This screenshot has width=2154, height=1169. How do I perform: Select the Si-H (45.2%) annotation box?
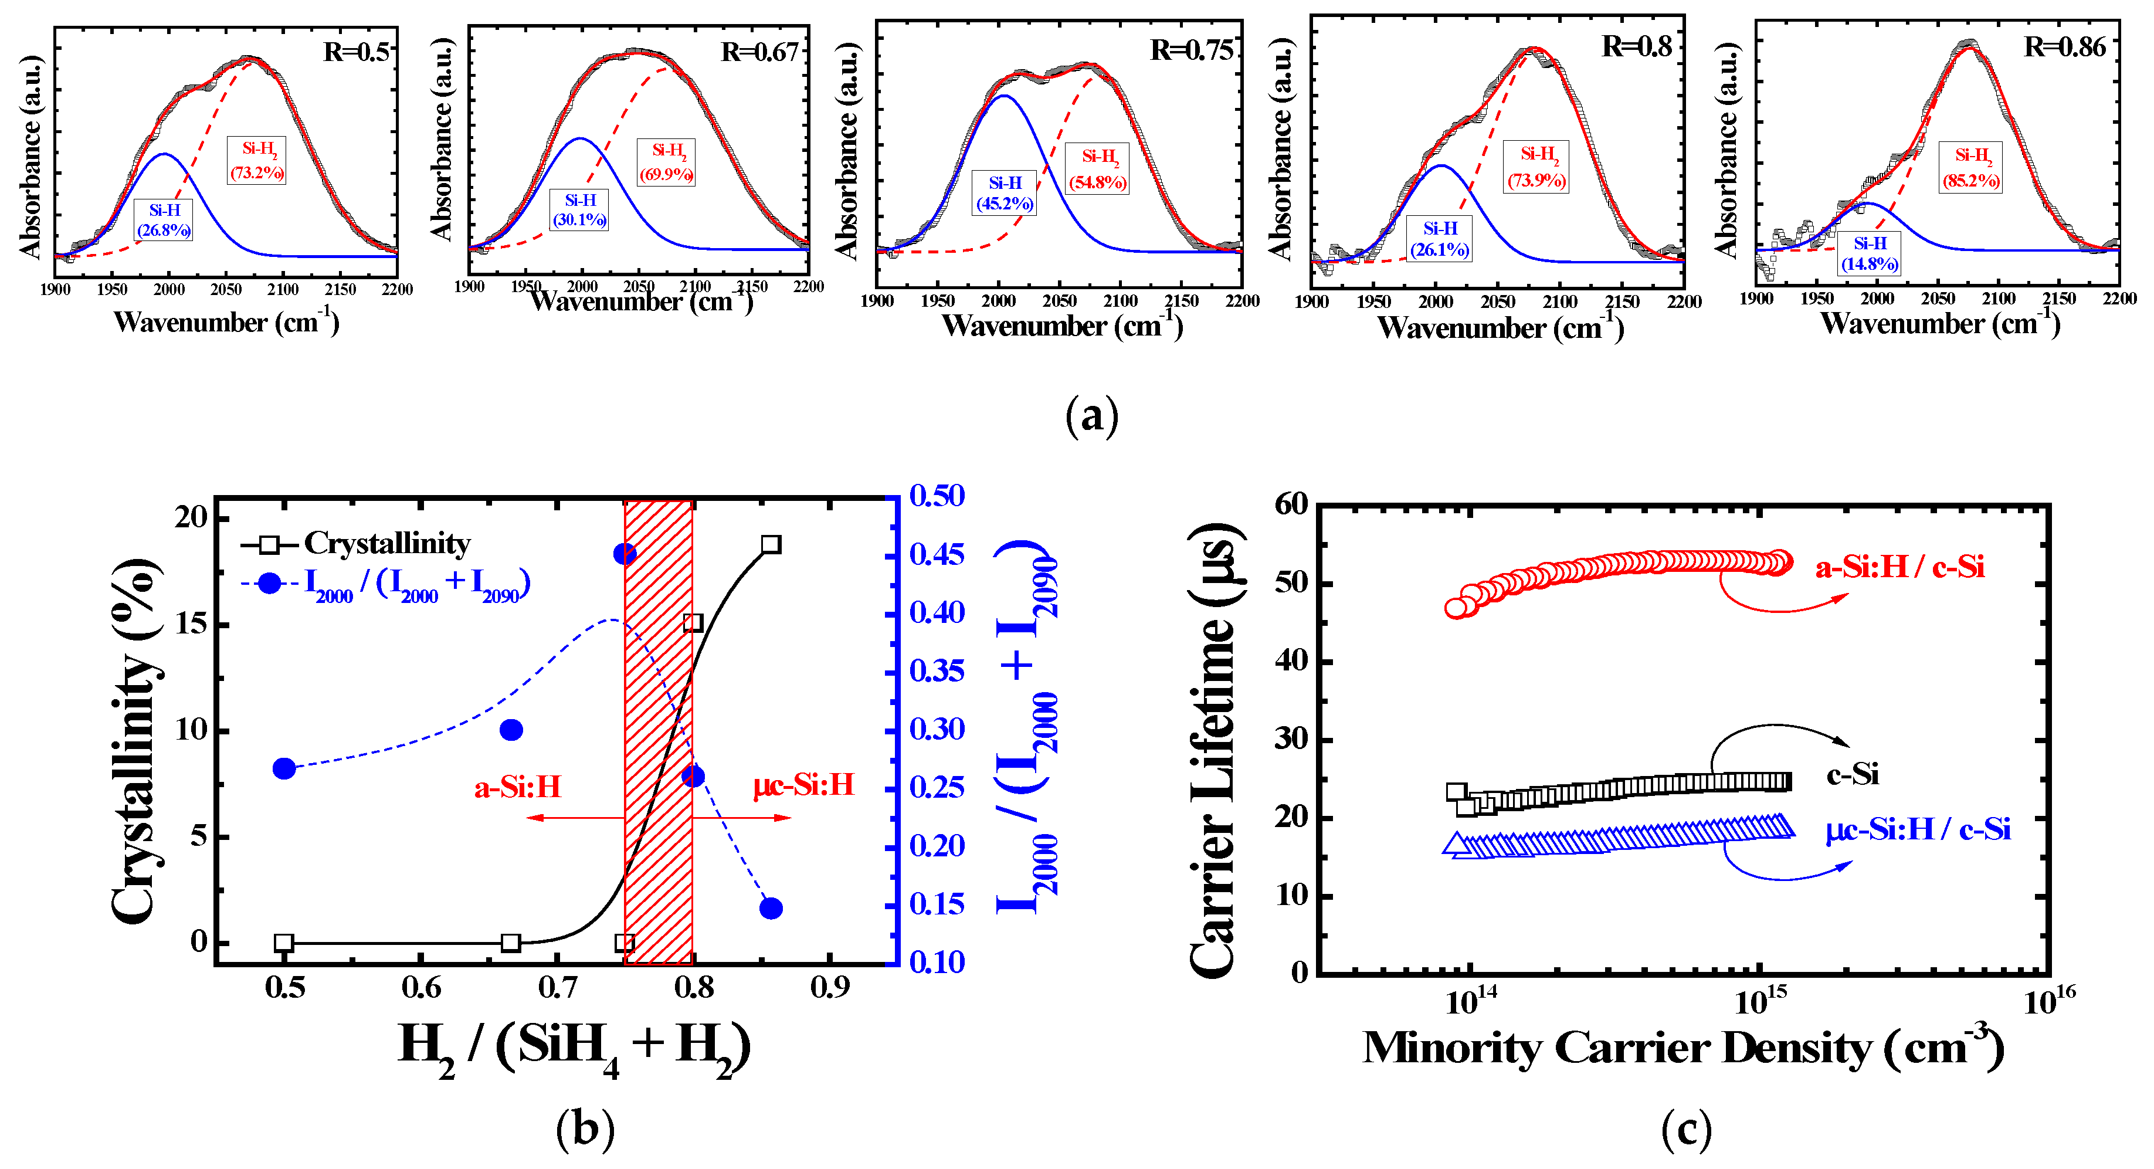pos(1004,193)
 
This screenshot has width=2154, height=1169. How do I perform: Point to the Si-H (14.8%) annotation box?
pos(1870,253)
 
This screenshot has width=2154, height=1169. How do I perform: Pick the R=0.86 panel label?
pos(2064,47)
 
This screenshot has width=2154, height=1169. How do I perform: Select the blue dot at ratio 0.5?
pos(284,768)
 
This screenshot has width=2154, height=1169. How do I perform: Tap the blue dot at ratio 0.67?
pos(511,730)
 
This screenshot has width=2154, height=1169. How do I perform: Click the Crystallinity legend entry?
pos(356,544)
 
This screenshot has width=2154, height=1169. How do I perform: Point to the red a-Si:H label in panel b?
pos(518,787)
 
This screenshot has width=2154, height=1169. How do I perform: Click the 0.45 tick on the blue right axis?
pos(937,554)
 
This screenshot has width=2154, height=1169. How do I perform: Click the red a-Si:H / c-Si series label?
pos(1900,567)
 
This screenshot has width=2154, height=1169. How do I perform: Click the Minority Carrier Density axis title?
pos(1683,1048)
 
